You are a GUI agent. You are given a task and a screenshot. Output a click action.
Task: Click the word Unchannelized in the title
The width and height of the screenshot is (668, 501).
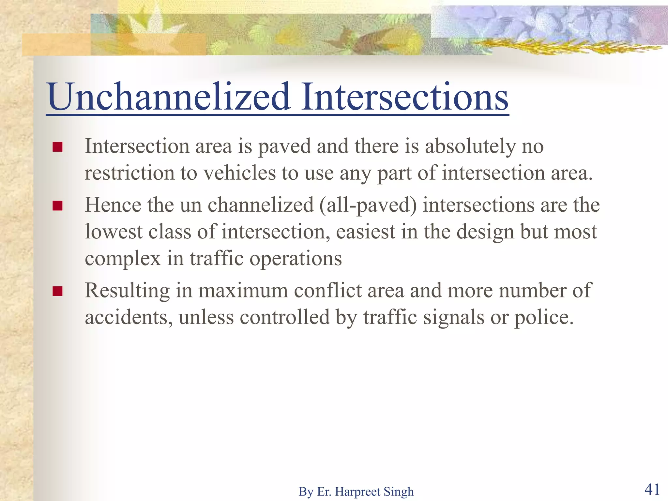tap(168, 97)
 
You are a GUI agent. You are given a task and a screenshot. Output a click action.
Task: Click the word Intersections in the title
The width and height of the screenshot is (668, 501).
tap(404, 97)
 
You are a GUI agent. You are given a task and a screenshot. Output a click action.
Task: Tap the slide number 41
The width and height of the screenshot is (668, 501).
tap(652, 489)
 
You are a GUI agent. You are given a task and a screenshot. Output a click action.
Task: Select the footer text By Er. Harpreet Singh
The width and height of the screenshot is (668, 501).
tap(356, 492)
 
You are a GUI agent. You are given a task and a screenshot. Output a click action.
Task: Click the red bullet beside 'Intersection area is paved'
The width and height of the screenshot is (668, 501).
tap(57, 147)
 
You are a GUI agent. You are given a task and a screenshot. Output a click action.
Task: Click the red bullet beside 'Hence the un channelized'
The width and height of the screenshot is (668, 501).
tap(57, 206)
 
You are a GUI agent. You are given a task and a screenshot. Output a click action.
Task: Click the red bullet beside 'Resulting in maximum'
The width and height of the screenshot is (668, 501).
tap(57, 291)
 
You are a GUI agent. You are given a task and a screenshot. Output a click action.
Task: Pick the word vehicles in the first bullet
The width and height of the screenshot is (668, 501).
tap(240, 173)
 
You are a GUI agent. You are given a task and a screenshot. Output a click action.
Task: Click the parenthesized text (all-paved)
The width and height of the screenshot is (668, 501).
tap(368, 205)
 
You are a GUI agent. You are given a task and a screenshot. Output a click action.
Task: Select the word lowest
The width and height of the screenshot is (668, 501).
tap(114, 232)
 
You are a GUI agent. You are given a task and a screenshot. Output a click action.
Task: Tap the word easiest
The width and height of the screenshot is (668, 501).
tap(366, 232)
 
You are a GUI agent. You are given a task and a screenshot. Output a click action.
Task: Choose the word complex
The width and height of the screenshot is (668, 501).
tap(123, 259)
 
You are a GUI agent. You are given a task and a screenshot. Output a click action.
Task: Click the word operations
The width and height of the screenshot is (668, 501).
tap(296, 259)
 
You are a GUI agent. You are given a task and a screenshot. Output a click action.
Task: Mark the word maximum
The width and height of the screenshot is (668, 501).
tap(243, 290)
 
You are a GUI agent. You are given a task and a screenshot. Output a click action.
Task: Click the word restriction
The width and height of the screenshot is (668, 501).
tap(129, 173)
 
